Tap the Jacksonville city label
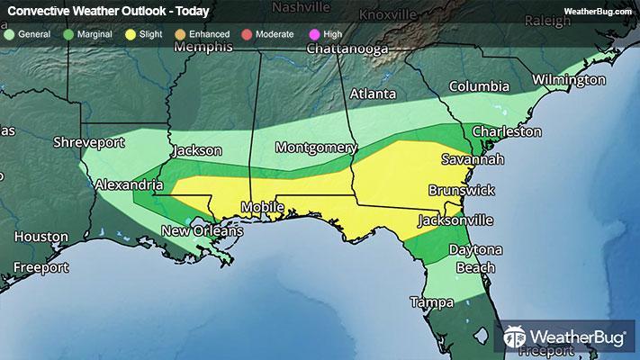pos(455,220)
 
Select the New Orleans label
pos(202,232)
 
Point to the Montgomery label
pos(316,148)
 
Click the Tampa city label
pos(429,301)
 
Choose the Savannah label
pos(471,159)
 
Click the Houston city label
pos(41,237)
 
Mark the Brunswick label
pos(462,191)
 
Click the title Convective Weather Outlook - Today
pos(108,12)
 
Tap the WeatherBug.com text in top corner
pos(598,11)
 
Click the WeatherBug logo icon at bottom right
pos(518,337)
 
